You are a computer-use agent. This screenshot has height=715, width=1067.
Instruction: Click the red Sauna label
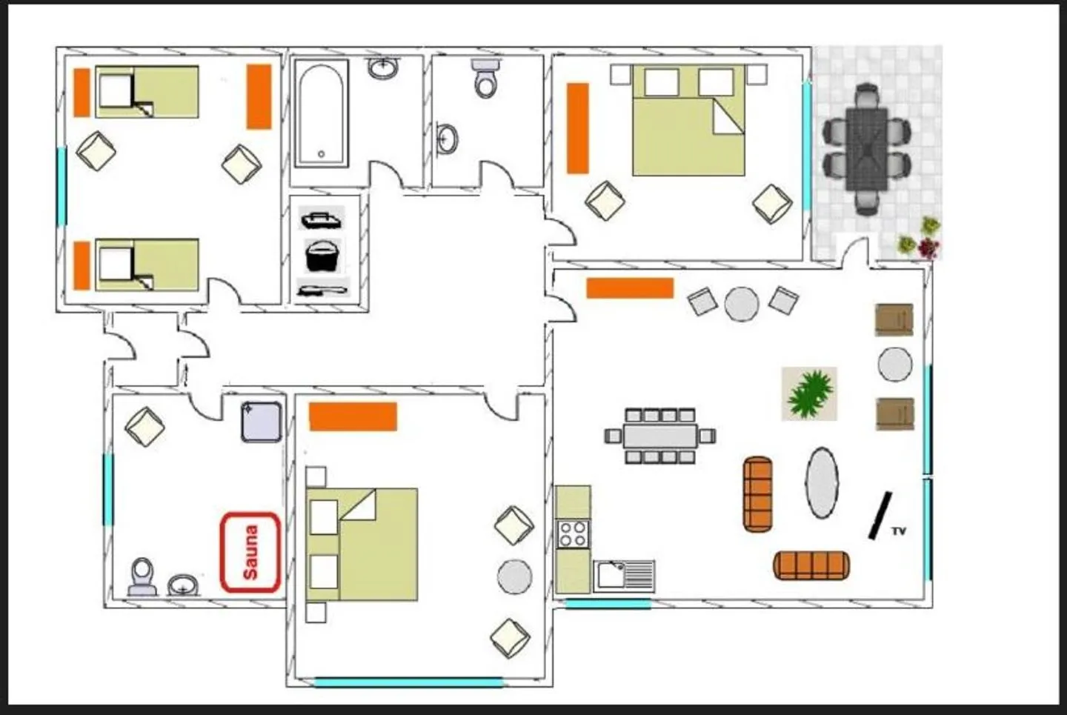250,553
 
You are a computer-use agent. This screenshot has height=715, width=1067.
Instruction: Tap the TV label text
898,531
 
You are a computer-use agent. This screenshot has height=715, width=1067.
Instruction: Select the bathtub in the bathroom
321,114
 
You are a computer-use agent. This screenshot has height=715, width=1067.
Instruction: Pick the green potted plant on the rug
809,393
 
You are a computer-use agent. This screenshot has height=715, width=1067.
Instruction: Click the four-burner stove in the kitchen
573,533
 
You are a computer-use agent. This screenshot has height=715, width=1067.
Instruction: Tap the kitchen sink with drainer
624,575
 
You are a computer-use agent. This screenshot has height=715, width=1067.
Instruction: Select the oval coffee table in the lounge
822,482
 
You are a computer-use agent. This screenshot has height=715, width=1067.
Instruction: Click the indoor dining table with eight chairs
659,436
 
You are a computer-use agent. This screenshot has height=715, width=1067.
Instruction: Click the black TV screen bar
880,515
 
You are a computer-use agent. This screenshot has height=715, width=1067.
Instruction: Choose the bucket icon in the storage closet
323,256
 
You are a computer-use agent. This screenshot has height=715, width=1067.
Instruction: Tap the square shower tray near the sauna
262,422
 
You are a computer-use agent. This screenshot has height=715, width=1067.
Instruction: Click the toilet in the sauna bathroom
142,577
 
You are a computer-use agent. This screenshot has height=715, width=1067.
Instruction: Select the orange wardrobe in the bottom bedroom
353,416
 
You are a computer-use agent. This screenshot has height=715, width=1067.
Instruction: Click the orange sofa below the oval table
811,565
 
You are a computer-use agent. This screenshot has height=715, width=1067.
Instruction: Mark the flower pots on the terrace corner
920,239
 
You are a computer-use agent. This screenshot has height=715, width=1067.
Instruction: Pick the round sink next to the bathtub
382,68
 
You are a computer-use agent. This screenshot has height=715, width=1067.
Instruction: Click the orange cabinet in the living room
630,288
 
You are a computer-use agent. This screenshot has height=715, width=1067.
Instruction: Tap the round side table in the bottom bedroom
514,576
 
